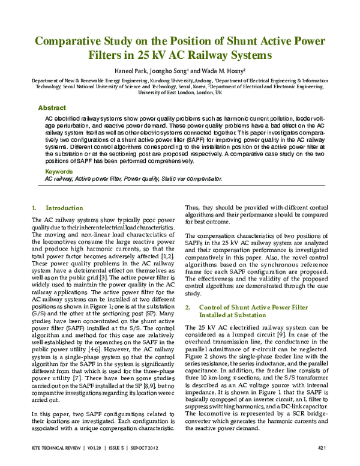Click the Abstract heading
52,107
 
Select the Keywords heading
58,171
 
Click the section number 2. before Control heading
187,307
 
